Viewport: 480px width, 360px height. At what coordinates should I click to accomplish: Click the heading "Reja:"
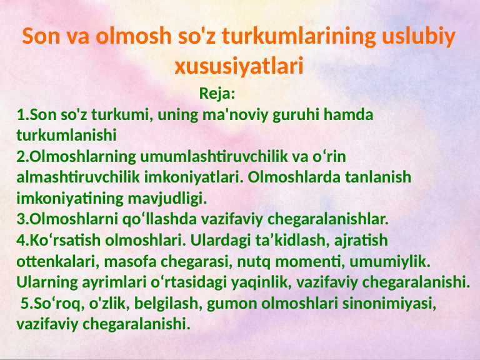(x=217, y=94)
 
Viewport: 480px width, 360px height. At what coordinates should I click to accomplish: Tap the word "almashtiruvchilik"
(x=77, y=177)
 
